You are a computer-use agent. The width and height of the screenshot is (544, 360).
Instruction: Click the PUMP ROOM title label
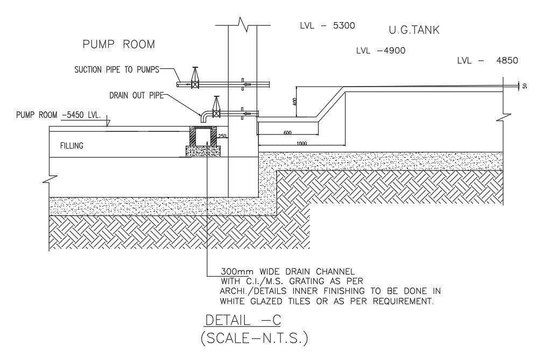click(x=119, y=44)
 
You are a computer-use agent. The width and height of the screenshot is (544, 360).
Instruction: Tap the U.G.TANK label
click(x=414, y=30)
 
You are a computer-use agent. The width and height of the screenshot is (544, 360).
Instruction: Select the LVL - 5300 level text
click(x=328, y=26)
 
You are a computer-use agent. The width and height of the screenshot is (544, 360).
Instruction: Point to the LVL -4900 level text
click(x=380, y=51)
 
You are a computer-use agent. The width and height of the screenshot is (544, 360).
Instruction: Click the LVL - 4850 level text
click(x=488, y=61)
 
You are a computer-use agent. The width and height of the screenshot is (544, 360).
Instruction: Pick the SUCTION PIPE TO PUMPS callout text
click(x=117, y=70)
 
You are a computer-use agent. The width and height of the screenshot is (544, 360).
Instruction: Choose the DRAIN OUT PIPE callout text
click(x=136, y=95)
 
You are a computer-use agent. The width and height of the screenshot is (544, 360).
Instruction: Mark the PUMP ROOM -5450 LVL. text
click(x=58, y=115)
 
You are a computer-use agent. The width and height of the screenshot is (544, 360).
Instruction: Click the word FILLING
click(x=72, y=146)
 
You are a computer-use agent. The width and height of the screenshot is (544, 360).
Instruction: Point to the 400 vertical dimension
click(x=295, y=102)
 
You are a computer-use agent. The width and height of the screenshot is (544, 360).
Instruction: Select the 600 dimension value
click(x=287, y=132)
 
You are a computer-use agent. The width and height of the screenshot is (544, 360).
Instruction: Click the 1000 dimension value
click(x=301, y=144)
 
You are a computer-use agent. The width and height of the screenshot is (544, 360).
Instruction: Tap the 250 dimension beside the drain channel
click(x=222, y=136)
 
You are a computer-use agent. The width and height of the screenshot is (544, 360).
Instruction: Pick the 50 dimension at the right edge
click(x=525, y=86)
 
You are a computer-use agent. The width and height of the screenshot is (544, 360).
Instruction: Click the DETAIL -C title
click(x=243, y=320)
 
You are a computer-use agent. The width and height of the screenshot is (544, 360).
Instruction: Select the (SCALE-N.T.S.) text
click(x=255, y=338)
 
